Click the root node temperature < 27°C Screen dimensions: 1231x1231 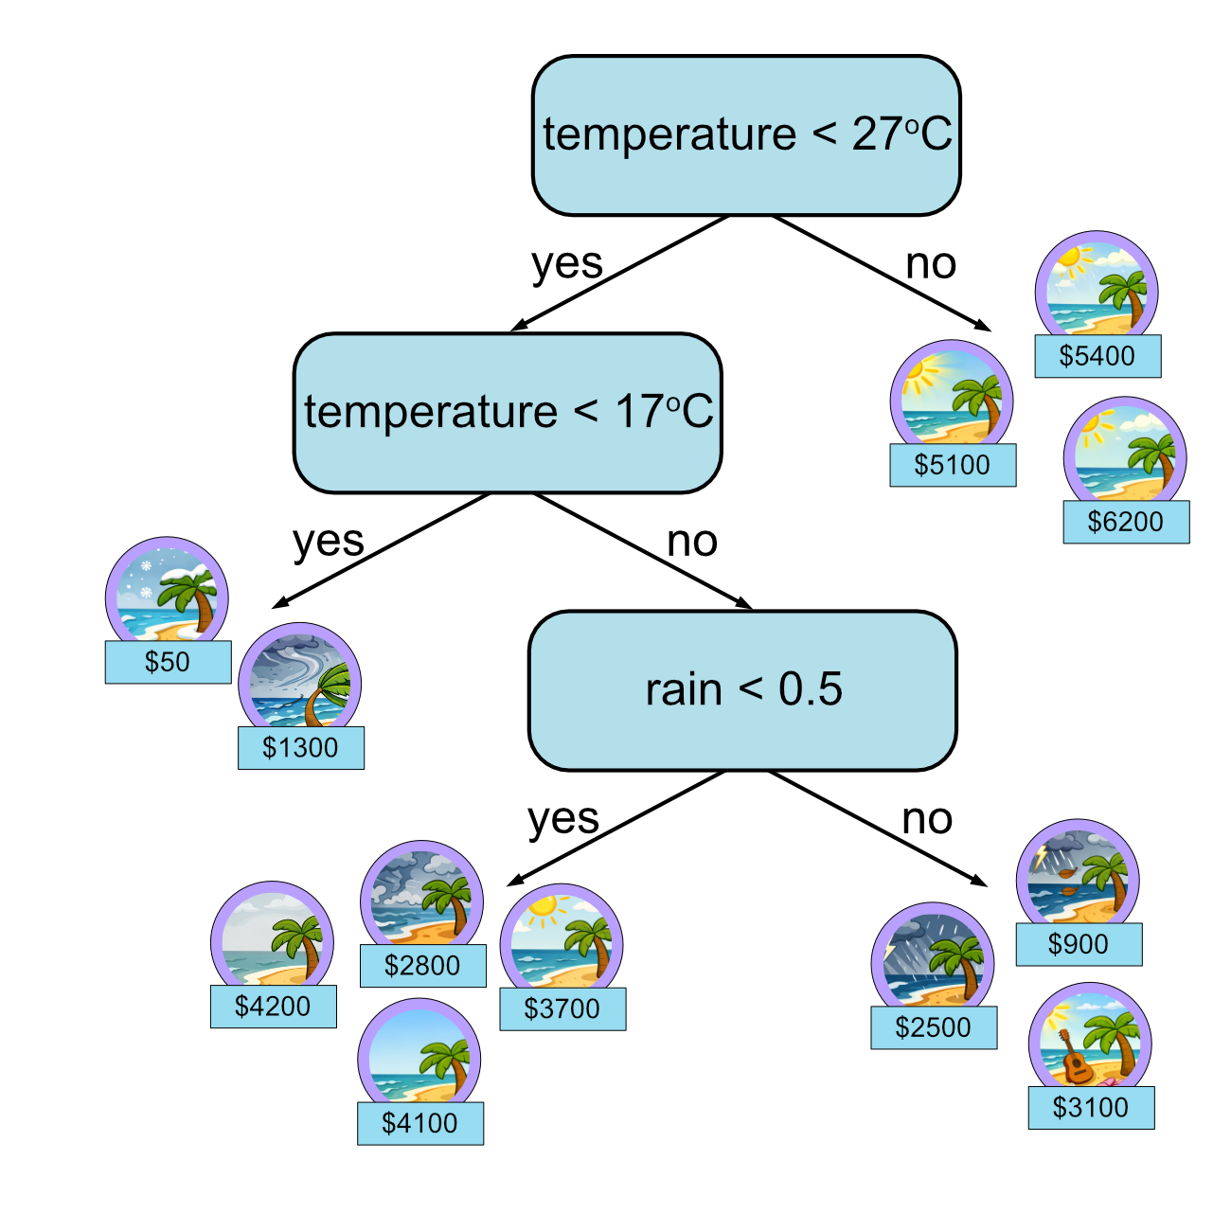(x=746, y=135)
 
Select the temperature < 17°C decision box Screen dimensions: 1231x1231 (x=508, y=413)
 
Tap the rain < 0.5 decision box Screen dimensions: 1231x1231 (x=742, y=690)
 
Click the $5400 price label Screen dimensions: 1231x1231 (x=1097, y=356)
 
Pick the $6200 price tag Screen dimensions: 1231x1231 (x=1126, y=522)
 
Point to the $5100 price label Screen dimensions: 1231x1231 (x=953, y=465)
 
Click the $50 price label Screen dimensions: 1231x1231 (x=168, y=662)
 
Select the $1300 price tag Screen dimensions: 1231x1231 (x=300, y=748)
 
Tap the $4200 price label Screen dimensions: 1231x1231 (x=273, y=1006)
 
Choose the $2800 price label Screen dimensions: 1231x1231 (x=422, y=966)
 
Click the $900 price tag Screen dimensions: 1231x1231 (x=1079, y=944)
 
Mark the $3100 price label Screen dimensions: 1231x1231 (x=1091, y=1107)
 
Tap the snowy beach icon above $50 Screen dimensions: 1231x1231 (x=167, y=593)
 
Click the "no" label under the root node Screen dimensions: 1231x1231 (x=931, y=264)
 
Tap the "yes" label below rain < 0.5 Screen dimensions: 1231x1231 (x=563, y=819)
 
